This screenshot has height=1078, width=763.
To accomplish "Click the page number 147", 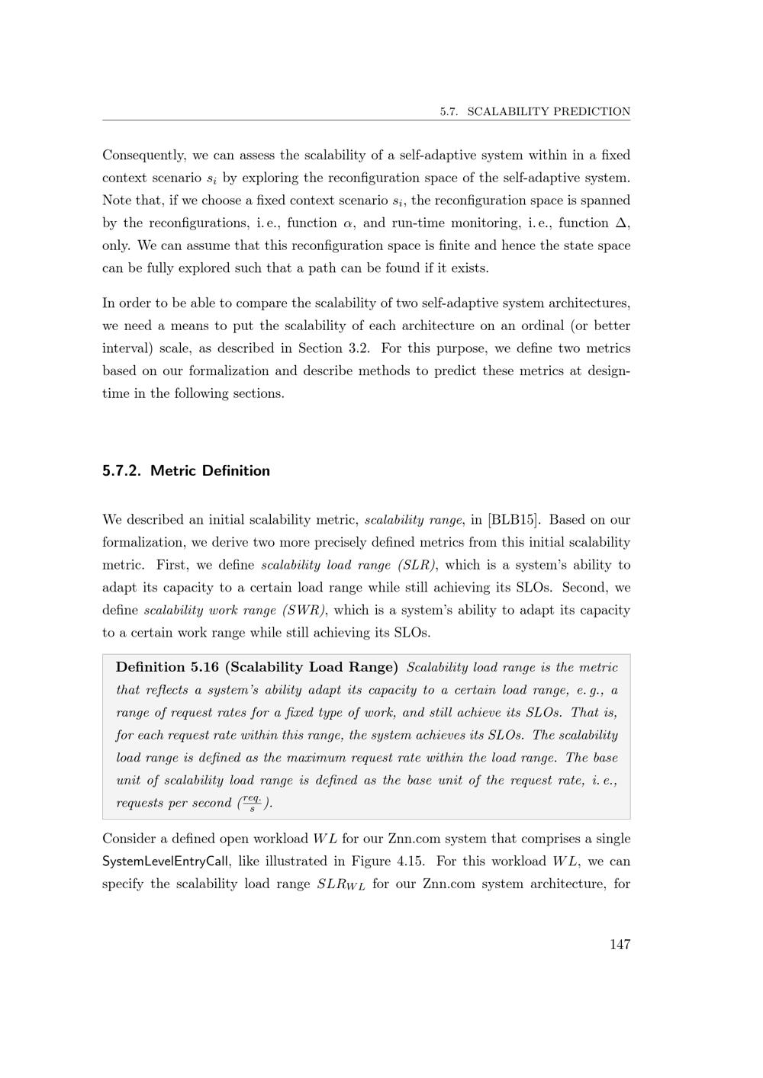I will tap(620, 945).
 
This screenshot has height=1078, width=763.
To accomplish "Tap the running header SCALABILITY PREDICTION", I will tap(549, 111).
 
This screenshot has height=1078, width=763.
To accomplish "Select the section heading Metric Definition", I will tap(210, 470).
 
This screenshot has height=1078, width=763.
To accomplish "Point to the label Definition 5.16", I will tap(167, 667).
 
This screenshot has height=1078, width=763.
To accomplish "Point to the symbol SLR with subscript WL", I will tap(341, 885).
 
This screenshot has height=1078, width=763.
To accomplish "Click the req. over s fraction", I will tap(252, 802).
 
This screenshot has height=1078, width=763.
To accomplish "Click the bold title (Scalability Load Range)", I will tap(311, 667).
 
